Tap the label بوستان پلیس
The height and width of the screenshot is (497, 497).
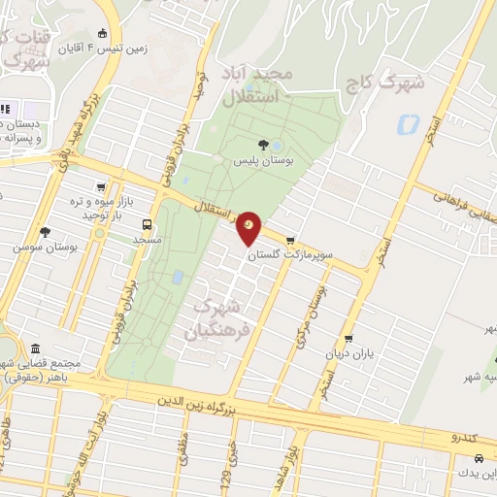click(263, 161)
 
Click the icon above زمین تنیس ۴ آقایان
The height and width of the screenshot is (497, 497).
click(102, 32)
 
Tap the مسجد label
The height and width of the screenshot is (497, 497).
click(147, 238)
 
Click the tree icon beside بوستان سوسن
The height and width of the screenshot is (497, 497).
click(45, 232)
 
